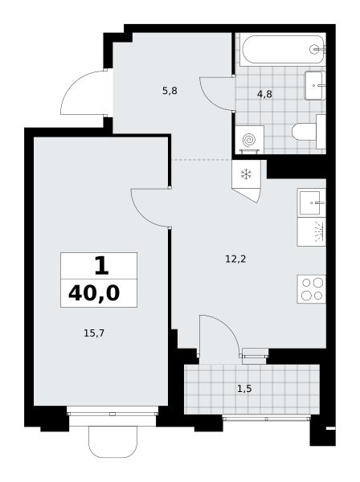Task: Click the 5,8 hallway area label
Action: click(x=170, y=91)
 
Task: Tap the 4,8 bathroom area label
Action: click(x=264, y=94)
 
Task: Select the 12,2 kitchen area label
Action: click(x=235, y=259)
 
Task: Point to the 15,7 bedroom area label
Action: click(x=94, y=333)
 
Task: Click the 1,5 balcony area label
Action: click(x=244, y=389)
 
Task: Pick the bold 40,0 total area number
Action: click(x=94, y=293)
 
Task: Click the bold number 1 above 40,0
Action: click(x=101, y=266)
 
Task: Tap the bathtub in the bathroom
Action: click(x=282, y=49)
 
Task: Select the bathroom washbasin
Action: click(x=314, y=85)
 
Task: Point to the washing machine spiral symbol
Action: click(x=249, y=140)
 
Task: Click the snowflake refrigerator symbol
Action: click(x=246, y=174)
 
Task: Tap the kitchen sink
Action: click(x=311, y=203)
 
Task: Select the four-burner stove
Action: click(x=311, y=289)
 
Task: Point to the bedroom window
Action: click(x=112, y=414)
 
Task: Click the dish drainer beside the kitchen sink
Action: click(x=311, y=232)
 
